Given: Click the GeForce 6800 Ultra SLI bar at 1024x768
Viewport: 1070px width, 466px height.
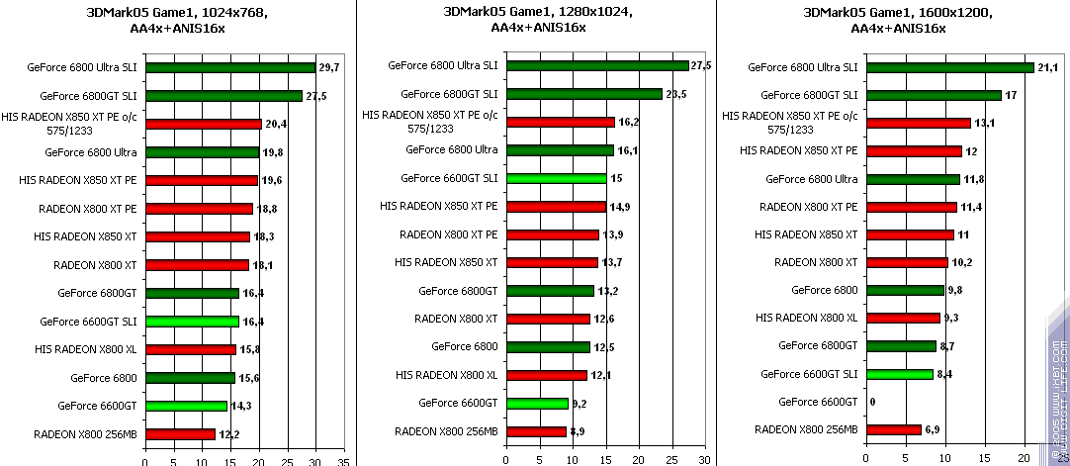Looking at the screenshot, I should (230, 68).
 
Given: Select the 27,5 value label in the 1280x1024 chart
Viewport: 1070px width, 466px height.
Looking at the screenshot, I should (701, 65).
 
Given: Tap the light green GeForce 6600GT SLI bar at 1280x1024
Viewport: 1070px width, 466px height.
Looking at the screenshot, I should (556, 178).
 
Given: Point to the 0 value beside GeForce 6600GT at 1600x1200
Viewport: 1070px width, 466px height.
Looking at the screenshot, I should (872, 402).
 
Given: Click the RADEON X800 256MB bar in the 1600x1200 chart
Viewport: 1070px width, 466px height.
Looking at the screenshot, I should (893, 429).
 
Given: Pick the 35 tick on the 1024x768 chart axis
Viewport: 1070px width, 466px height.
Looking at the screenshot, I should (344, 460).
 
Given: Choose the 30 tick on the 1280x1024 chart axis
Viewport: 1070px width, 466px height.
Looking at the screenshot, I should (703, 460).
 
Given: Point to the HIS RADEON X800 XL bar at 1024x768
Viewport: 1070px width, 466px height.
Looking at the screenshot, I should (191, 349).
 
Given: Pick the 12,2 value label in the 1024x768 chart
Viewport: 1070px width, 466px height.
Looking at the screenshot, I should (228, 433).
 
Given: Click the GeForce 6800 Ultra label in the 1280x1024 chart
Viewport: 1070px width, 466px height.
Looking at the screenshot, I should (452, 149).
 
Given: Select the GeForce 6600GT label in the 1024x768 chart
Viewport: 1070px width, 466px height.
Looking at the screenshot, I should (97, 406).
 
